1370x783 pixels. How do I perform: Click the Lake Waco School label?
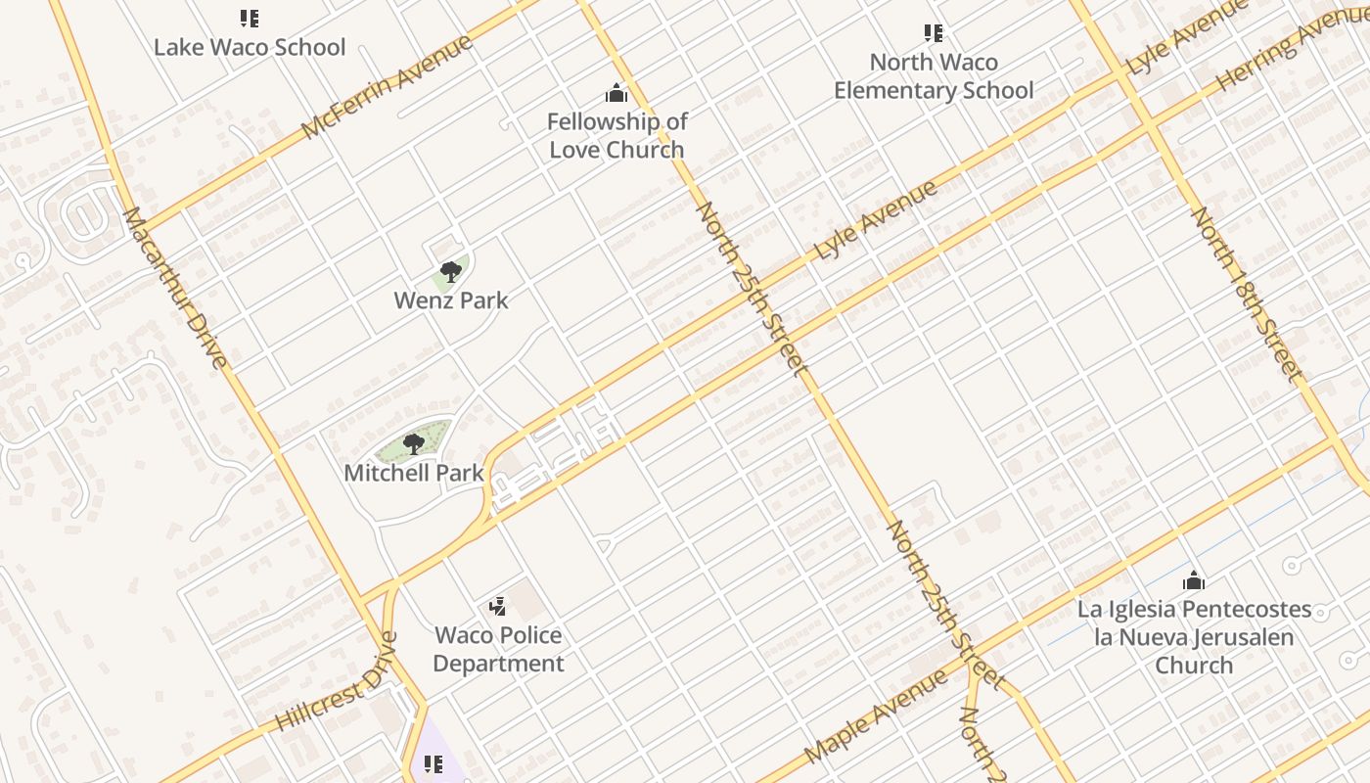tap(250, 47)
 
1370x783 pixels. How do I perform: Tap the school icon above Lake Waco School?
tap(249, 19)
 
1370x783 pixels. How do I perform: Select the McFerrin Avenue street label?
tap(388, 87)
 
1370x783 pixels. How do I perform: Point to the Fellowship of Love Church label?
tap(616, 135)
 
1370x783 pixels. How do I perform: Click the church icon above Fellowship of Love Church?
tap(616, 93)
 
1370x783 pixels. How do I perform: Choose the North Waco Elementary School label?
tap(934, 76)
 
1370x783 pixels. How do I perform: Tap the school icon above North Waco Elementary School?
tap(934, 34)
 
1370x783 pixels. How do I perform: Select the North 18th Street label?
tap(1247, 293)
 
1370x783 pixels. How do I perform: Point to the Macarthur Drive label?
tap(176, 288)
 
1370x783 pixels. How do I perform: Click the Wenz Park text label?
tap(451, 300)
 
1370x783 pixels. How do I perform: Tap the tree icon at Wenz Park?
tap(451, 271)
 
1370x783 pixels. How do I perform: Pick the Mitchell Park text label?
tap(414, 473)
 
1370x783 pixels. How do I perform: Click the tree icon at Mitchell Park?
tap(414, 444)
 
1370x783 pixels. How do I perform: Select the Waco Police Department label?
tap(498, 649)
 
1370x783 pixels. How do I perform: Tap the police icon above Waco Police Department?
tap(498, 607)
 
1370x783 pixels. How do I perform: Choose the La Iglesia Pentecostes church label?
tap(1194, 636)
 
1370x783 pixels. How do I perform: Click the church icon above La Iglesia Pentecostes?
tap(1193, 580)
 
